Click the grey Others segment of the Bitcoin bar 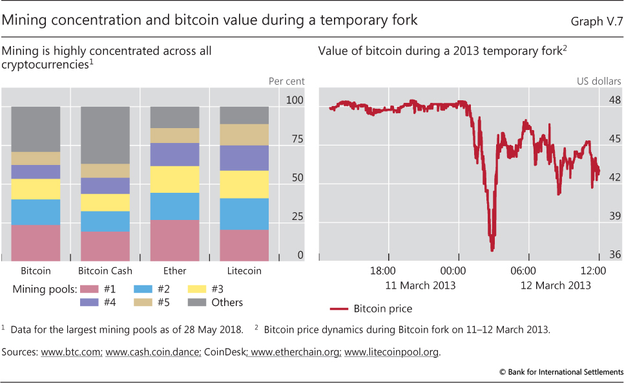pos(36,129)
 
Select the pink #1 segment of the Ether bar pos(175,239)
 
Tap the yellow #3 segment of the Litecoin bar pos(244,184)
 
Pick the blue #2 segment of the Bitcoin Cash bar pos(105,221)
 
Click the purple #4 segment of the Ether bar pos(175,154)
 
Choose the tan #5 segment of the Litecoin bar pos(244,135)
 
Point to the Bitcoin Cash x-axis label pos(105,271)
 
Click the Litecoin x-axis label pos(244,271)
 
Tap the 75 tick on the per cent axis pos(295,139)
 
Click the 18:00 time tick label pos(383,270)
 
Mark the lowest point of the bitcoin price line pos(492,250)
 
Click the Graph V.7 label pos(596,20)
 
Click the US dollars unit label pos(599,82)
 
